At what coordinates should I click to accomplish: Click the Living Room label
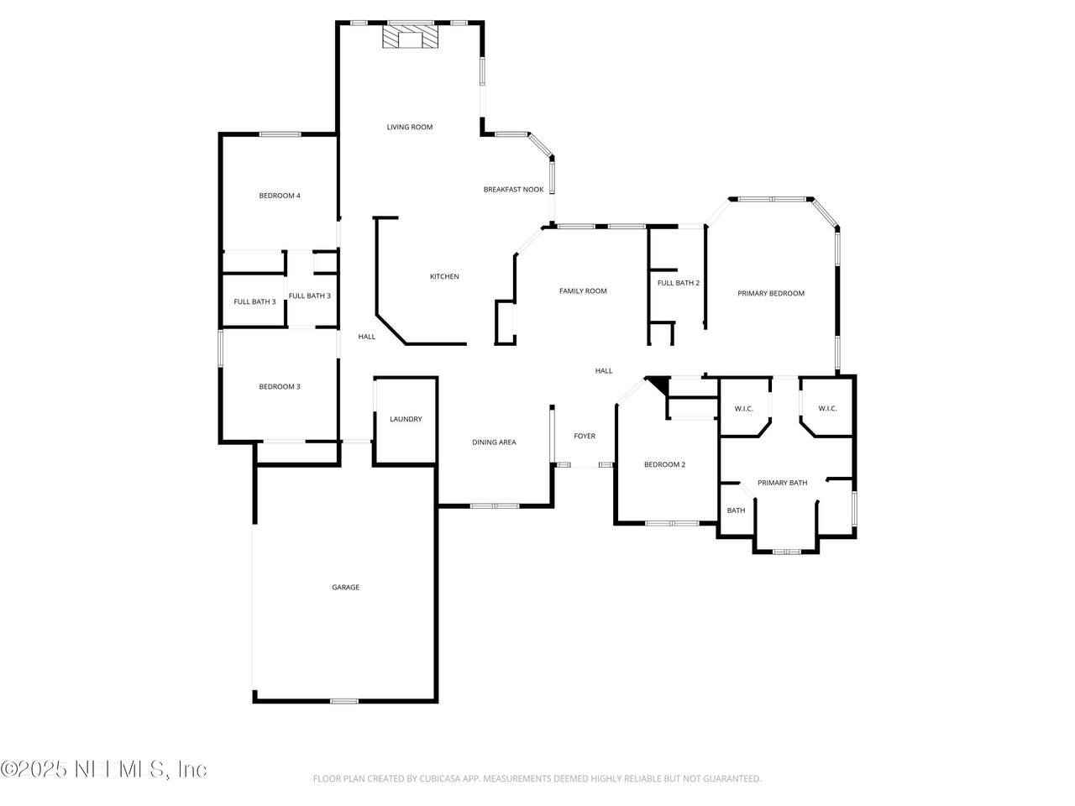click(410, 128)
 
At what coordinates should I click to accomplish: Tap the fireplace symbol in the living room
click(410, 37)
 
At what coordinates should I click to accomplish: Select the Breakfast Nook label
click(513, 190)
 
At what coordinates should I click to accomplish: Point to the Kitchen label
click(444, 276)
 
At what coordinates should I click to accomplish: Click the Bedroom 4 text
click(280, 196)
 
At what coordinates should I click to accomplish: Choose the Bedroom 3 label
click(280, 386)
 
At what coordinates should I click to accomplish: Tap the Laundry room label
click(406, 419)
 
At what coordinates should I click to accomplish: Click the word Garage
click(346, 587)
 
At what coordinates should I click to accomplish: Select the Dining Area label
click(494, 442)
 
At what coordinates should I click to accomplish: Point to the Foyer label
click(585, 436)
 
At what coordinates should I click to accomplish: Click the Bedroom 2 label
click(664, 464)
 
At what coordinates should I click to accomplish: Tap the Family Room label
click(583, 291)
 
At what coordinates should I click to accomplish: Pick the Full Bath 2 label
click(679, 283)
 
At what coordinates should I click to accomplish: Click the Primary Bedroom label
click(771, 294)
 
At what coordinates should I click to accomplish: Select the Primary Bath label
click(782, 483)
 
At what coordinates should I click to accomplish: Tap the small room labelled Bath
click(736, 510)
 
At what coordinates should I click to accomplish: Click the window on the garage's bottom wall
click(344, 701)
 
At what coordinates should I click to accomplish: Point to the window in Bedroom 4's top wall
click(280, 134)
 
